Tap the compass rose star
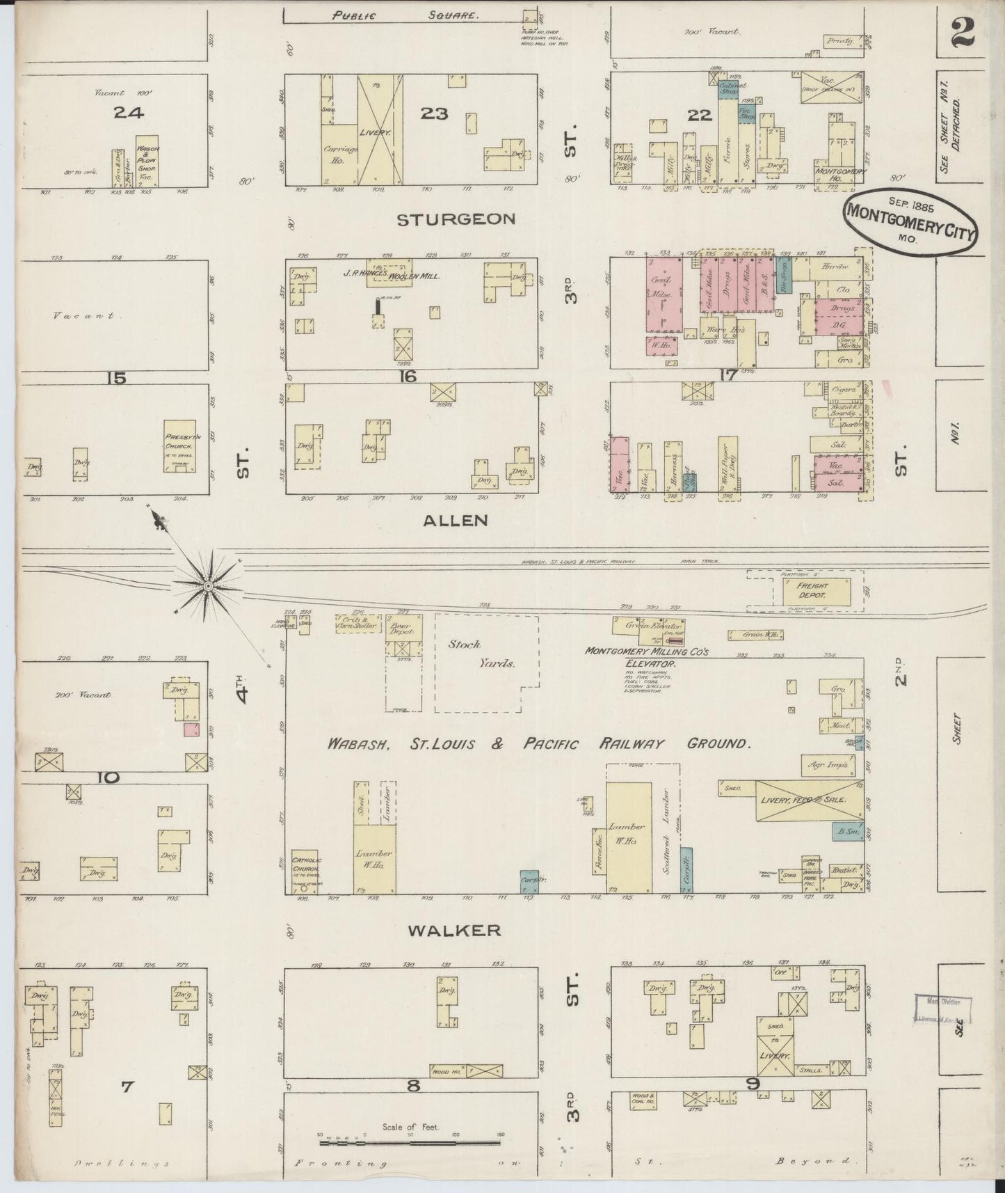pos(207,588)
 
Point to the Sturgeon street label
pos(456,219)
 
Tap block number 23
pos(433,112)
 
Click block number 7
pos(126,1085)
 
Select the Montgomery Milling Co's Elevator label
pos(646,658)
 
